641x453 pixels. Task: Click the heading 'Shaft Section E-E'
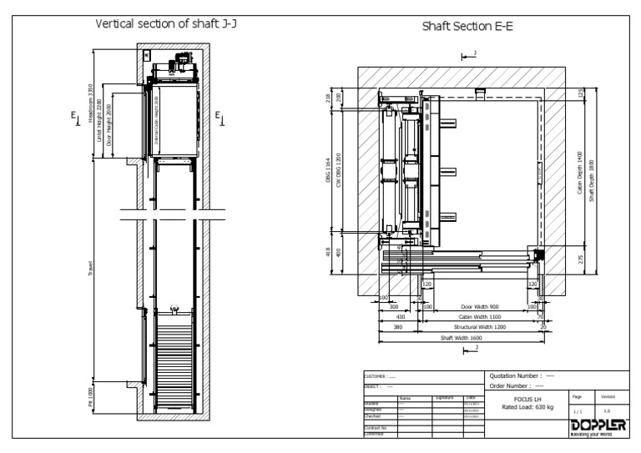point(467,27)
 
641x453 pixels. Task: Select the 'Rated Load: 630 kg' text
point(521,408)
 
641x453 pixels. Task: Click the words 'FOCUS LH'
point(521,400)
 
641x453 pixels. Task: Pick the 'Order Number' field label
point(512,385)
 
